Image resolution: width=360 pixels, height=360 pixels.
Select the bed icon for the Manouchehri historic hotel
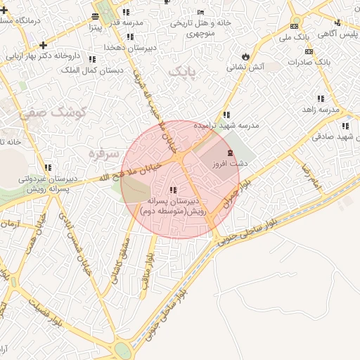(x=201, y=12)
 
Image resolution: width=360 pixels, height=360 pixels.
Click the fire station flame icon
(x=245, y=56)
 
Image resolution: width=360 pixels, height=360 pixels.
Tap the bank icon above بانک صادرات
(x=309, y=51)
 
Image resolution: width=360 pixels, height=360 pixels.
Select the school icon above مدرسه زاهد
(x=321, y=99)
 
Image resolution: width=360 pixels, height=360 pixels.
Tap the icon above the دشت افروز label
(x=229, y=153)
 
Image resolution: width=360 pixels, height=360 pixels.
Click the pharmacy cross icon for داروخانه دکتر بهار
(x=44, y=46)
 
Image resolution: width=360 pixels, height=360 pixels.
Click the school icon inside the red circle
(x=173, y=190)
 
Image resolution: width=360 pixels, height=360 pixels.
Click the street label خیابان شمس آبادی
(x=74, y=243)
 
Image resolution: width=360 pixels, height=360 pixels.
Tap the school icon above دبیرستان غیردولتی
(x=48, y=167)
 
